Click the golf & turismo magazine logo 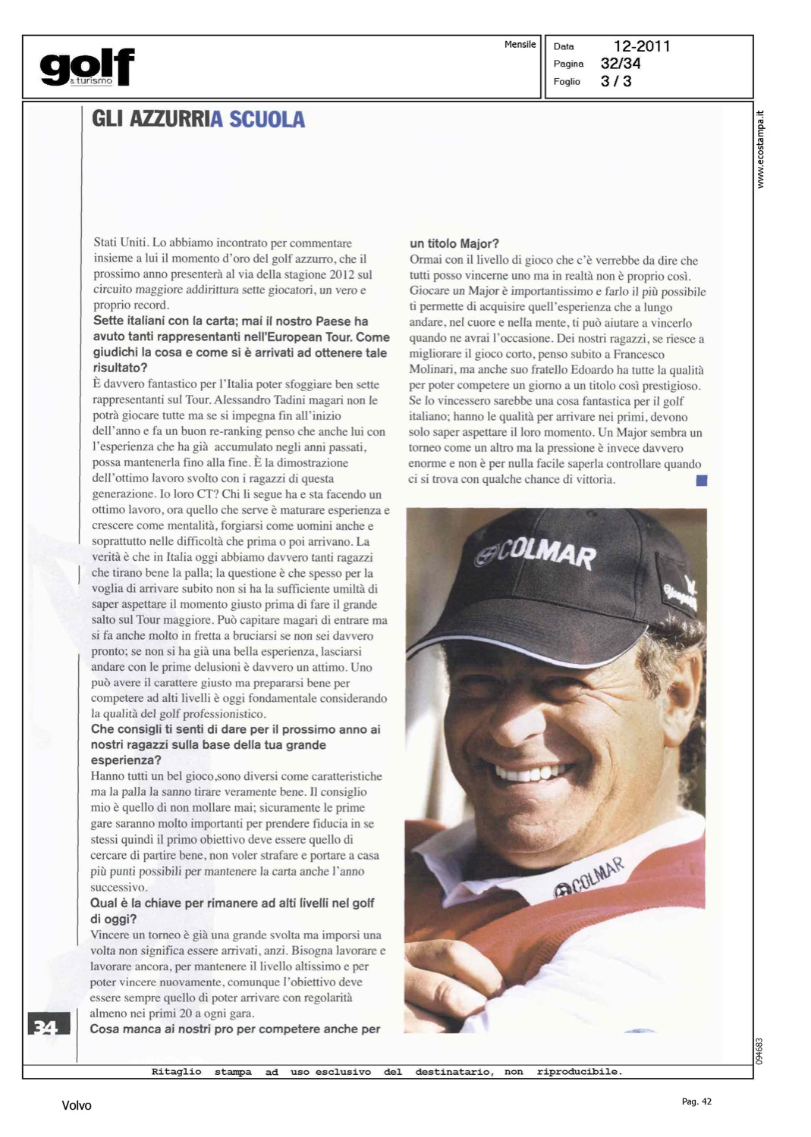(87, 67)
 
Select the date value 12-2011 (642, 46)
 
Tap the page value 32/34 (621, 64)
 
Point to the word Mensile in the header (520, 45)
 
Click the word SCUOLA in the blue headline (267, 120)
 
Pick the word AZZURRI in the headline (170, 120)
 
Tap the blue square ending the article (701, 480)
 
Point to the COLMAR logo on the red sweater (589, 879)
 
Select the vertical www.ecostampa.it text (761, 149)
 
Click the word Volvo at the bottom (77, 1106)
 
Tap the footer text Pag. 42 (696, 1101)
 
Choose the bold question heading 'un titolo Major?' (454, 243)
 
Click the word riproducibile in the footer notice (579, 1072)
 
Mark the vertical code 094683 (759, 1051)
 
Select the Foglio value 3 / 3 (616, 81)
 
